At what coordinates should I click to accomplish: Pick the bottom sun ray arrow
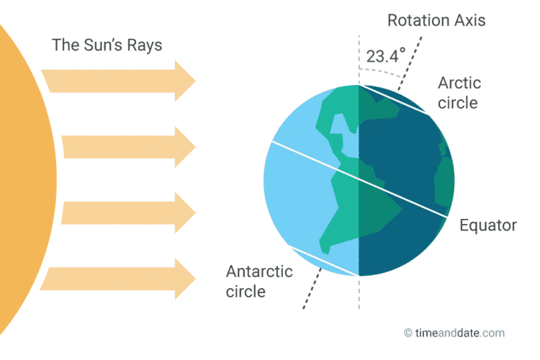[x=119, y=278]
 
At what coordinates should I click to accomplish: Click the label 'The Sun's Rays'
[x=107, y=45]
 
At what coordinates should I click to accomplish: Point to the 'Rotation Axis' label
[x=436, y=19]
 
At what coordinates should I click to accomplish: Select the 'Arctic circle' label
[x=458, y=93]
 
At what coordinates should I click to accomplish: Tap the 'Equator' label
[x=488, y=225]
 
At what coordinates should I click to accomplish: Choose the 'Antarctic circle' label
[x=259, y=282]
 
